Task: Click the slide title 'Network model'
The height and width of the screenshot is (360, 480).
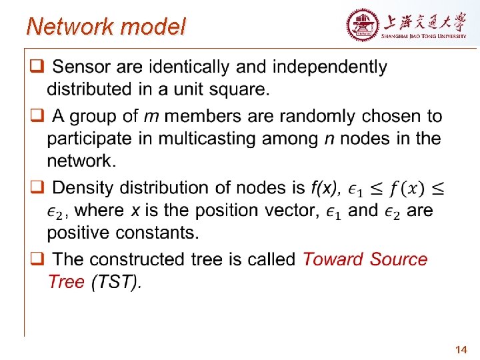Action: click(x=106, y=27)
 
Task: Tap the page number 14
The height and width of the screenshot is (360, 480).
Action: click(x=461, y=349)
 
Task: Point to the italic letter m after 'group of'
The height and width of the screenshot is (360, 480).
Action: click(x=151, y=117)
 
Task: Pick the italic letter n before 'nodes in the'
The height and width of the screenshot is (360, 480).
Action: click(x=329, y=139)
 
